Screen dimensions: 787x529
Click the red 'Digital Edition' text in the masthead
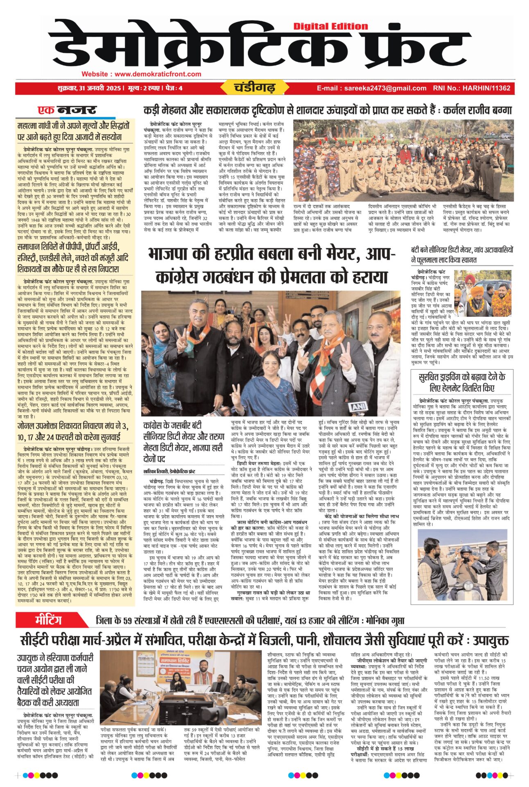(330, 26)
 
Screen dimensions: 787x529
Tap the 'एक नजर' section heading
(68, 110)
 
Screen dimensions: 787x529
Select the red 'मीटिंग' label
(48, 619)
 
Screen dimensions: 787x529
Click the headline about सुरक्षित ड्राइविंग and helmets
(462, 382)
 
